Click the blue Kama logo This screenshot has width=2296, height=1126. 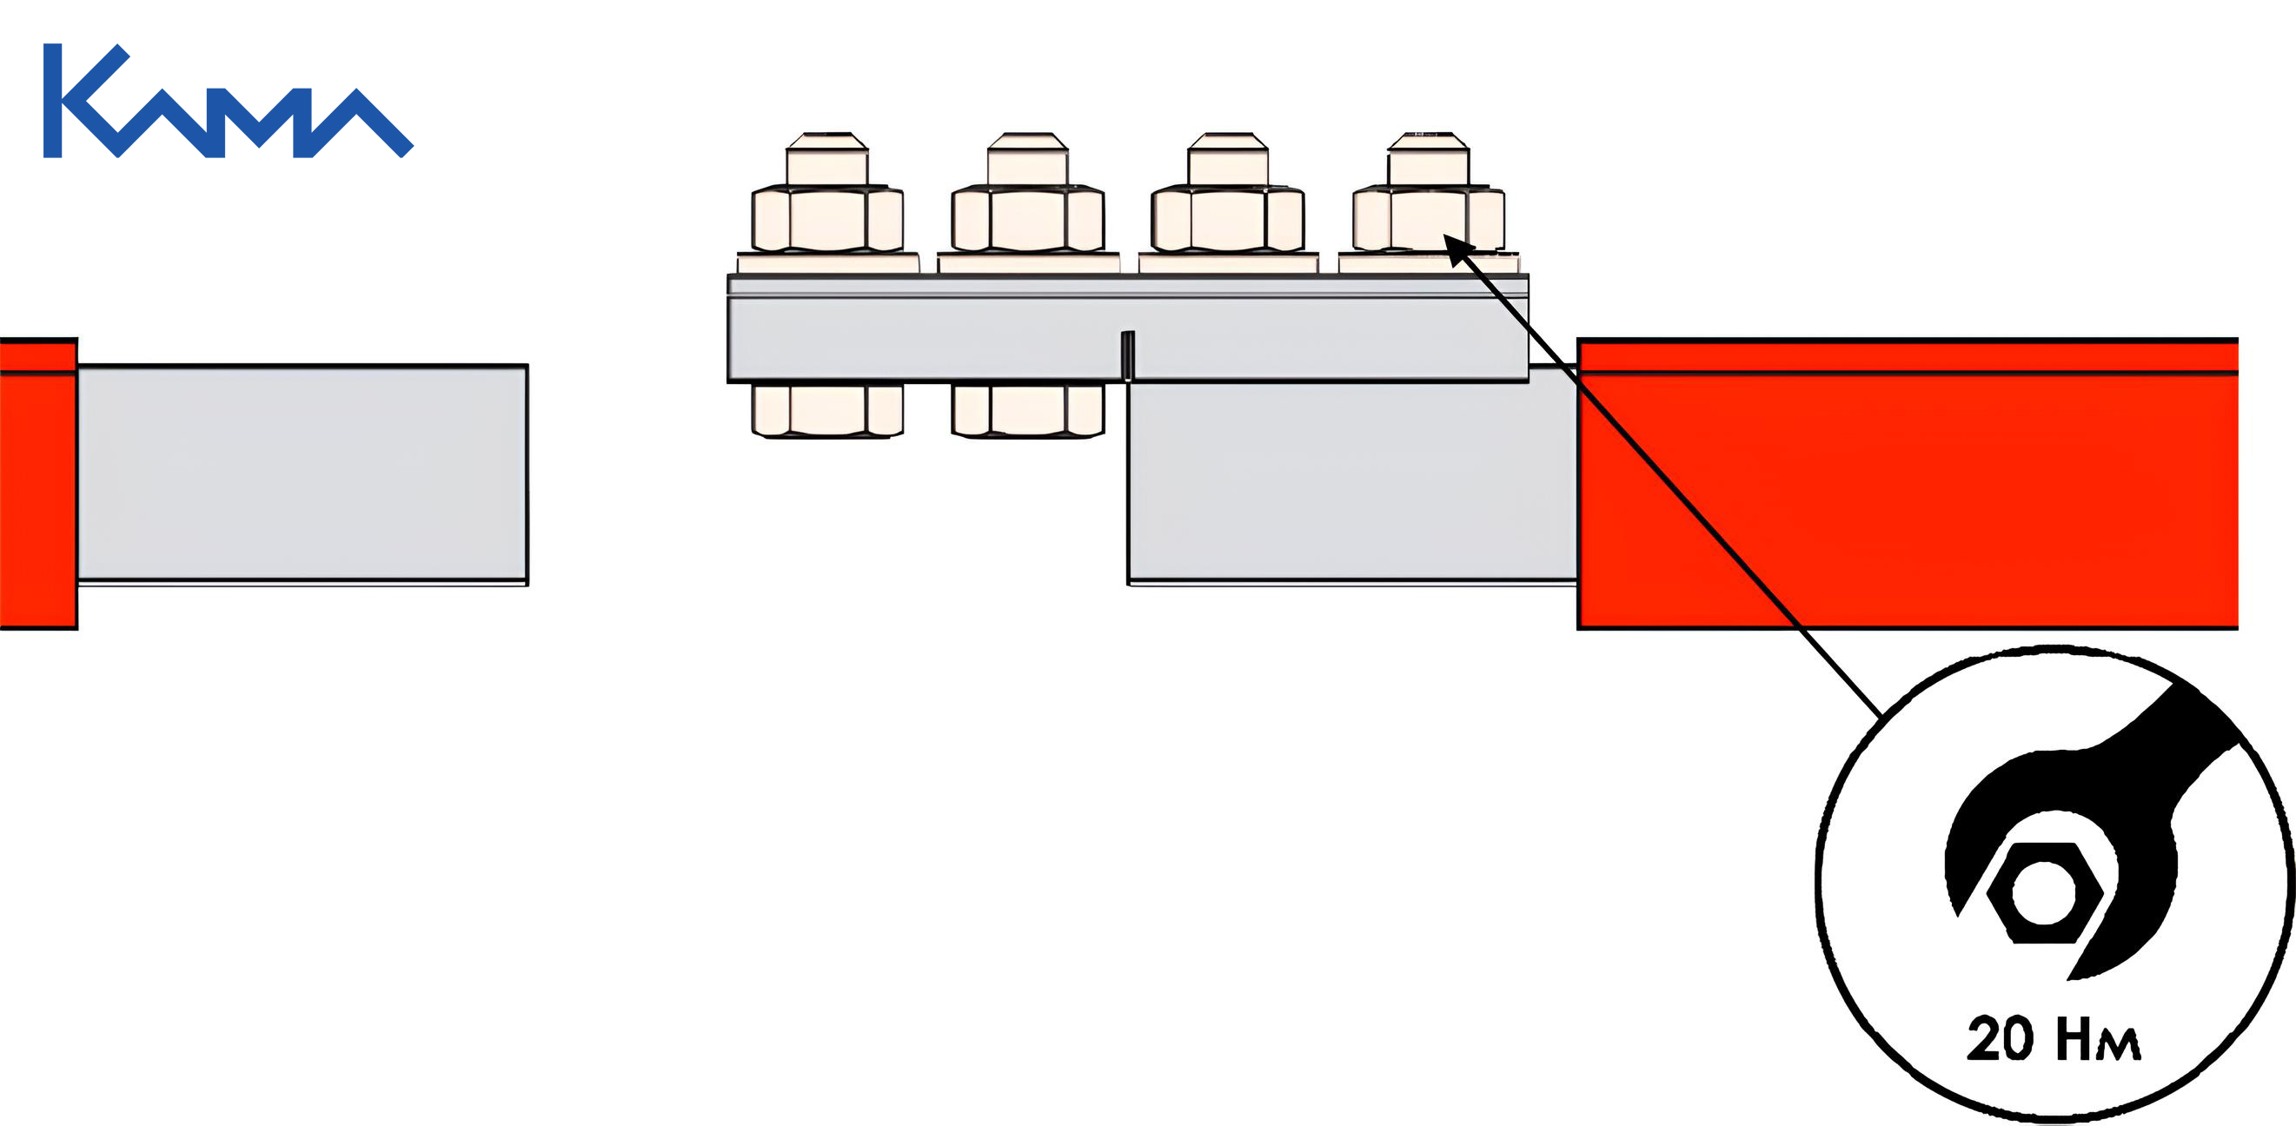click(228, 101)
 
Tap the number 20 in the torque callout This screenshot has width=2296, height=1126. click(2000, 1039)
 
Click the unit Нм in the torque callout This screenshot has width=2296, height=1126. click(2098, 1040)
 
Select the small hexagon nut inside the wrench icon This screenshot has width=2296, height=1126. click(2045, 892)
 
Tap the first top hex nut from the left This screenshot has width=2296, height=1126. click(828, 218)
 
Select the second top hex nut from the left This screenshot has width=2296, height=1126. click(1028, 218)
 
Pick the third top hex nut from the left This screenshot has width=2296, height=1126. click(1228, 218)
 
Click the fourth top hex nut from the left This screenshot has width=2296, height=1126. click(1429, 218)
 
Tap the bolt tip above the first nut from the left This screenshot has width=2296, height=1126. click(828, 159)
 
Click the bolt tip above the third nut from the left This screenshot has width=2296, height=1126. click(1228, 159)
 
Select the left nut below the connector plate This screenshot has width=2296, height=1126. click(828, 411)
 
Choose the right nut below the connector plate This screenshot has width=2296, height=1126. click(1028, 411)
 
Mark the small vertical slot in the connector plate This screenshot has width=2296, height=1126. click(1127, 355)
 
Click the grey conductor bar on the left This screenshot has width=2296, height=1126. click(303, 474)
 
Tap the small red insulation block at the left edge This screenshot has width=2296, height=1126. click(38, 484)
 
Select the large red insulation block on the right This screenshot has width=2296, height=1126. click(1908, 484)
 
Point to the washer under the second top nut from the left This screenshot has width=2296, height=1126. click(1028, 263)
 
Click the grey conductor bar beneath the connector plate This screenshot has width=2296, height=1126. click(1352, 481)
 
